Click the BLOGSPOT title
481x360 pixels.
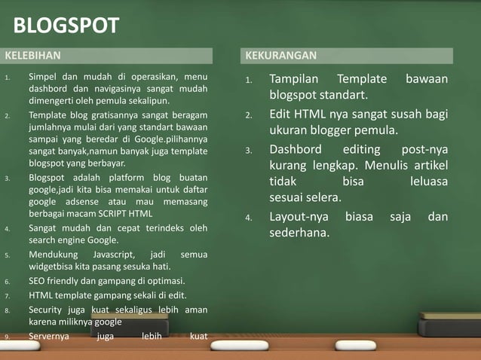(66, 26)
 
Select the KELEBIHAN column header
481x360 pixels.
(32, 56)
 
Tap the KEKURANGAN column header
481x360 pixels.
(281, 56)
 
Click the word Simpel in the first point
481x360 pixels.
(43, 77)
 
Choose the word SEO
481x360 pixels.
(37, 281)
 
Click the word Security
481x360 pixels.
(47, 309)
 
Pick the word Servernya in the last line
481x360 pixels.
(47, 336)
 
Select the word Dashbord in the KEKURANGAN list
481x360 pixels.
(296, 148)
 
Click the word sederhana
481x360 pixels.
(299, 233)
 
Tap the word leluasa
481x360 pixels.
(429, 182)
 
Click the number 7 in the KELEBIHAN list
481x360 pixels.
(7, 295)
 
